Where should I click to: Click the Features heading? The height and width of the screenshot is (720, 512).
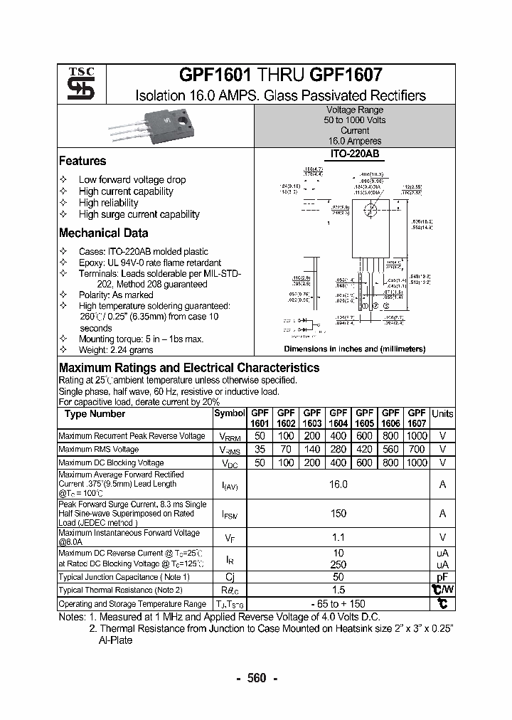pyautogui.click(x=82, y=161)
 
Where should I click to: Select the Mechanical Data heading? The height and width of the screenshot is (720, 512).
pyautogui.click(x=103, y=233)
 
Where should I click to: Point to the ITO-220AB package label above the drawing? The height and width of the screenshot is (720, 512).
pyautogui.click(x=354, y=154)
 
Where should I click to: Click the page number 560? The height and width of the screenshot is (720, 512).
pyautogui.click(x=256, y=678)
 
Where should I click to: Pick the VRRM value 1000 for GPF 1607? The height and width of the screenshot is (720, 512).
pyautogui.click(x=417, y=435)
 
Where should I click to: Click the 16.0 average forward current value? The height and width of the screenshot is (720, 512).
pyautogui.click(x=338, y=484)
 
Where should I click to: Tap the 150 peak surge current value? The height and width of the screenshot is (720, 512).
pyautogui.click(x=338, y=513)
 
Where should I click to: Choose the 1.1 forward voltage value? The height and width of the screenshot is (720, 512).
pyautogui.click(x=338, y=538)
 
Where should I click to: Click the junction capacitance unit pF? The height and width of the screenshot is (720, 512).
pyautogui.click(x=442, y=577)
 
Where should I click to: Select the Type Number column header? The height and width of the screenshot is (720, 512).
pyautogui.click(x=95, y=413)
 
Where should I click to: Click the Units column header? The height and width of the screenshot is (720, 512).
pyautogui.click(x=442, y=413)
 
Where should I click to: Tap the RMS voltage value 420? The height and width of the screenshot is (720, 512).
pyautogui.click(x=364, y=449)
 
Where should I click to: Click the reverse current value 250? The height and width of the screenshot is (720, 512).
pyautogui.click(x=338, y=564)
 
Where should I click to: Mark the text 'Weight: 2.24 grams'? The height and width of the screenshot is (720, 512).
pyautogui.click(x=116, y=350)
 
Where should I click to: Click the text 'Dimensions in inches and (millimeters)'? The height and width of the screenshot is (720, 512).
pyautogui.click(x=354, y=349)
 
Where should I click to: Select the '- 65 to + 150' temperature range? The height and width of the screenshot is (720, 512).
pyautogui.click(x=338, y=603)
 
